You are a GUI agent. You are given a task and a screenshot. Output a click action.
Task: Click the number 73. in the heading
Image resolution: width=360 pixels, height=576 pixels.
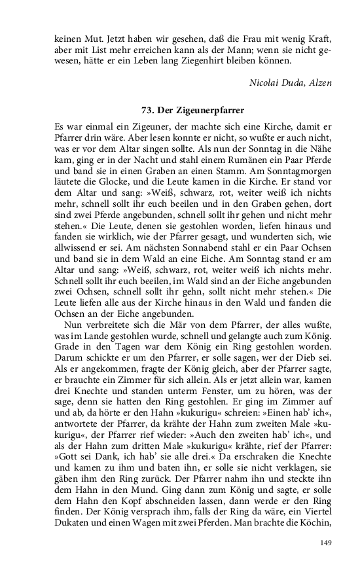pos(149,109)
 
